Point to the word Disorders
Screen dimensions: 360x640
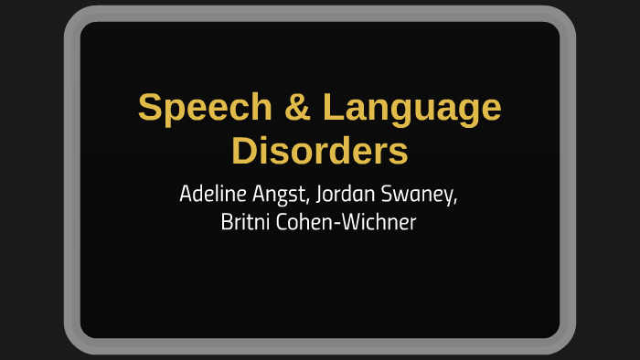click(319, 151)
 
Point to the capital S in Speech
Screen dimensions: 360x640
click(151, 109)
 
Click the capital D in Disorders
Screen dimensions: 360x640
click(243, 151)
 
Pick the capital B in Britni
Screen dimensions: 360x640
click(227, 223)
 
